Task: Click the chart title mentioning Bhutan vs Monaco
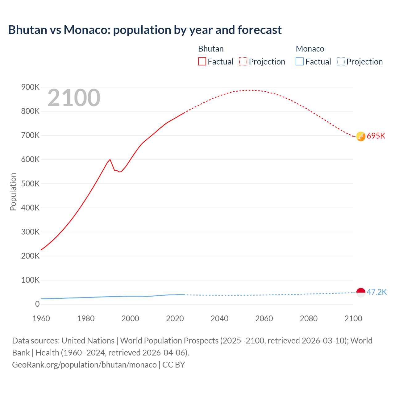coord(145,30)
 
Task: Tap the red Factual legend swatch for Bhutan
coord(202,61)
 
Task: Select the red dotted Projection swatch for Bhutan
coord(243,61)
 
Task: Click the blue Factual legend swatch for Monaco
coord(300,61)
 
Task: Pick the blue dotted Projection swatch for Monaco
coord(341,61)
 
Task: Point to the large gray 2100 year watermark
coord(74,98)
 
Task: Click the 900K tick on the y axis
coord(30,87)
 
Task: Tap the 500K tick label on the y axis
coord(30,184)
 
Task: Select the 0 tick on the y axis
coord(37,304)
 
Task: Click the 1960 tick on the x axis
coord(41,318)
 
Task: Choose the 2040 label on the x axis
coord(219,318)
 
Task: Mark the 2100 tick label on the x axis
coord(353,318)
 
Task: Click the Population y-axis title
coord(13,192)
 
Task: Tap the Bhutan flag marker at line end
coord(361,136)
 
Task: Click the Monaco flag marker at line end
coord(361,292)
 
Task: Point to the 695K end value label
coord(376,136)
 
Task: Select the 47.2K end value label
coord(376,292)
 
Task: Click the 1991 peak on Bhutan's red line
coord(110,159)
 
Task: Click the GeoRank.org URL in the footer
coord(84,364)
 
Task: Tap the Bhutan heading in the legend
coord(211,49)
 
